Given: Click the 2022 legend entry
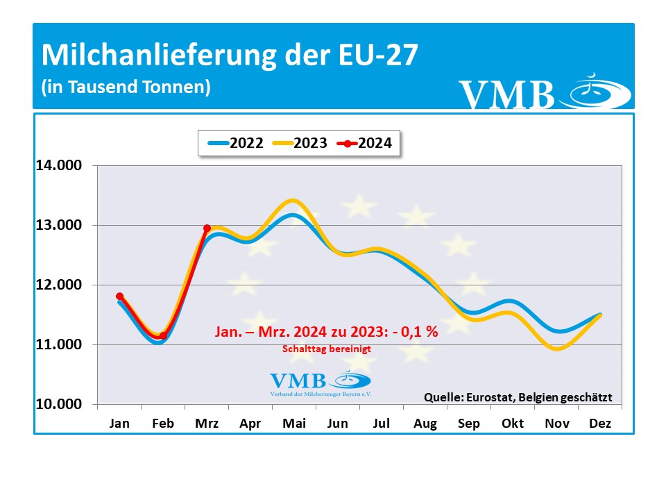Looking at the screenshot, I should [235, 144].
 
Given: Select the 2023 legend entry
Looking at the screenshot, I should [300, 144].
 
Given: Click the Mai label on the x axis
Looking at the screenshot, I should [293, 423].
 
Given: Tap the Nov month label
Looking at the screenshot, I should [557, 423].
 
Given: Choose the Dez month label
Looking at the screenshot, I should [600, 423].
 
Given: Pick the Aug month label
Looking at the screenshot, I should [425, 423].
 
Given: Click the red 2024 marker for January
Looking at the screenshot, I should [119, 297].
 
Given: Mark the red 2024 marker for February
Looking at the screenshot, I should [163, 335].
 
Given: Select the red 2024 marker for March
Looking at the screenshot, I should [207, 228].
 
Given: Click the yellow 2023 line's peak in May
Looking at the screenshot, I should [293, 201].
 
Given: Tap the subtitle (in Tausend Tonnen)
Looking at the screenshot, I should [126, 87].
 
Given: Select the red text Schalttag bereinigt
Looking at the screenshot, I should [326, 349].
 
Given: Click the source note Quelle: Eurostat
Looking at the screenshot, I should [518, 397].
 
